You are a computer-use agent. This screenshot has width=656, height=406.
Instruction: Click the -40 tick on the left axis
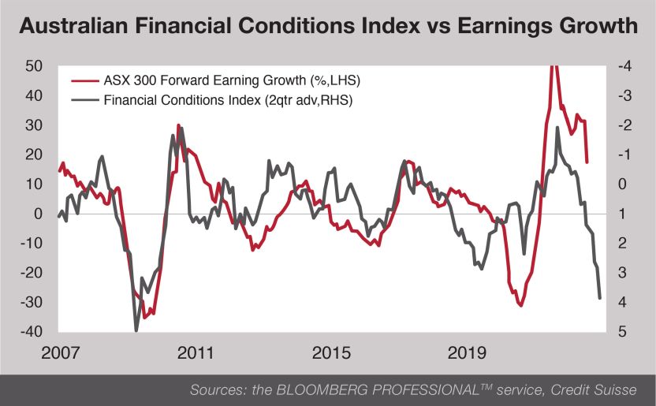[29, 332]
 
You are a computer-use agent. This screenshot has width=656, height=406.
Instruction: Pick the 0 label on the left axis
[37, 214]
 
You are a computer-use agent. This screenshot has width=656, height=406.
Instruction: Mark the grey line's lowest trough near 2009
[136, 330]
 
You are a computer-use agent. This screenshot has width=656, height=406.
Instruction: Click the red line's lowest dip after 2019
[520, 306]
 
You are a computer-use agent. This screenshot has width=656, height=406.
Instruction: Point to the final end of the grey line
[600, 298]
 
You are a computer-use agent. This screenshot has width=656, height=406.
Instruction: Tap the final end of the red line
[587, 162]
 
